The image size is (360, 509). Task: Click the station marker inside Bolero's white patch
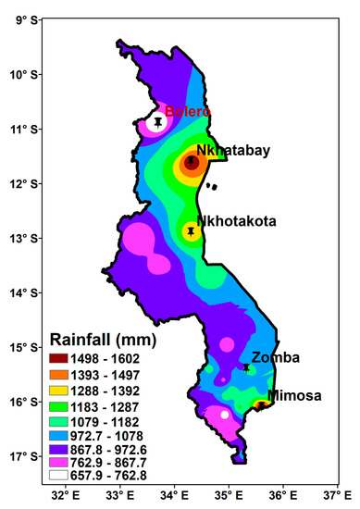click(x=159, y=121)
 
